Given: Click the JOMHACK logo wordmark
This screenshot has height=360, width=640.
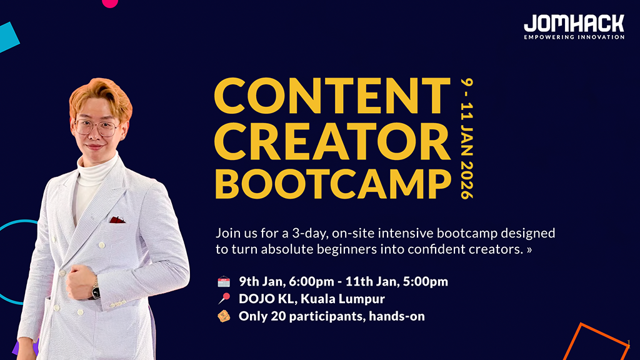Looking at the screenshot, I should (574, 24).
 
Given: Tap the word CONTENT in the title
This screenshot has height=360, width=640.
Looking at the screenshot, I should (332, 96).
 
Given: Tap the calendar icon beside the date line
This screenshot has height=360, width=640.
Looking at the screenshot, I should (224, 282).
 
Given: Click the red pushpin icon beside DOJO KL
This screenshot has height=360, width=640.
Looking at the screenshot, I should (224, 299).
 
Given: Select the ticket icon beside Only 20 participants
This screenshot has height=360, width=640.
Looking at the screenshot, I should (224, 316).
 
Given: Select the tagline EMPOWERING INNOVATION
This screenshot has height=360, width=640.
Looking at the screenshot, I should (574, 37).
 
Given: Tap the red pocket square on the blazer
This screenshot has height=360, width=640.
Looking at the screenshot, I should (117, 219).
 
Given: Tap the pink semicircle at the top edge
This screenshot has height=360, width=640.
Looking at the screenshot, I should (110, 2).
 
